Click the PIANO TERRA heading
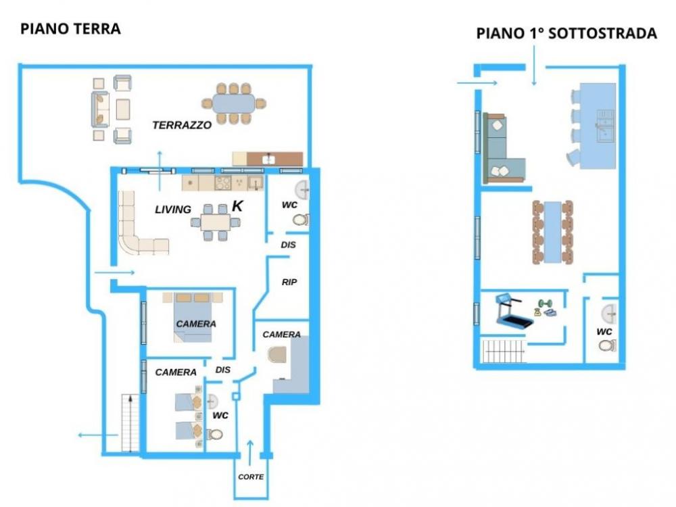click(x=71, y=29)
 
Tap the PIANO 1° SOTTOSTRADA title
click(x=566, y=33)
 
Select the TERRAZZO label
click(x=182, y=125)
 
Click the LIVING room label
click(x=173, y=210)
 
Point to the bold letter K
click(x=237, y=206)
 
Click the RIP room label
click(x=289, y=282)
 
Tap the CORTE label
click(x=251, y=477)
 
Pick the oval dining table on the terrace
click(x=234, y=104)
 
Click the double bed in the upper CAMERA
click(x=193, y=317)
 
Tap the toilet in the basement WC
click(x=607, y=345)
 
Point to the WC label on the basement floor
click(x=604, y=331)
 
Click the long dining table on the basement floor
click(x=553, y=232)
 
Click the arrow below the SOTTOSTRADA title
click(x=534, y=66)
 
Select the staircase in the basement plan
click(x=504, y=352)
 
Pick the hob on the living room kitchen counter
click(x=223, y=183)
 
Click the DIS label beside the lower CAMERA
click(x=223, y=370)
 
